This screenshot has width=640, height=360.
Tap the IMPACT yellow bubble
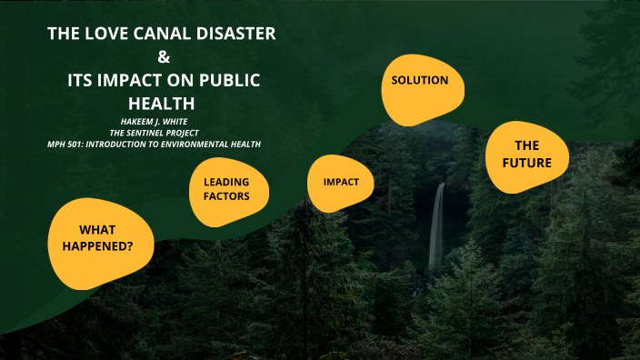pos(341,182)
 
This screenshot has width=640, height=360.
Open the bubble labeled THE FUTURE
pos(526,155)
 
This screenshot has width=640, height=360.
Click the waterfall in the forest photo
pos(437,227)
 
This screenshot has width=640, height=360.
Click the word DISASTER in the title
pos(234,35)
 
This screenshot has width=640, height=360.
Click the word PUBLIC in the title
pos(228,80)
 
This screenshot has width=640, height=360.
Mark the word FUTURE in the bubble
pos(526,163)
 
